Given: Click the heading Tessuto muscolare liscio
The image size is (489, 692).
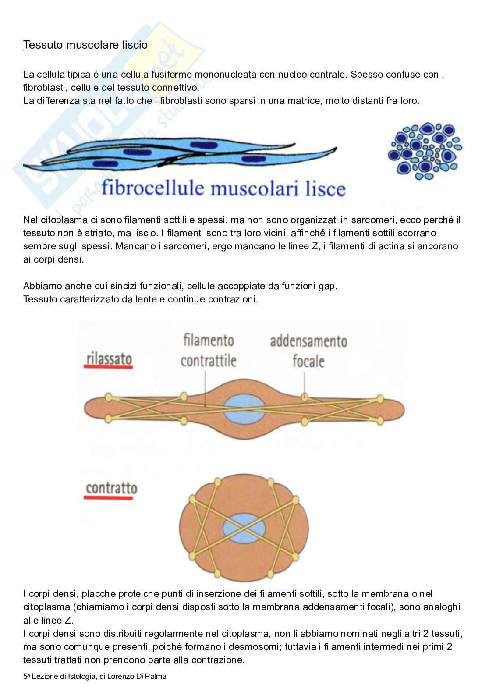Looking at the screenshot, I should [85, 45].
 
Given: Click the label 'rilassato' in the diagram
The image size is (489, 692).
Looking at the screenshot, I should [109, 358].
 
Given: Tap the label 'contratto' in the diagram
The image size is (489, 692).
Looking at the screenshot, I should [111, 488].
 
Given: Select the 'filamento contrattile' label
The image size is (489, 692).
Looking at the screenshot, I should [208, 351].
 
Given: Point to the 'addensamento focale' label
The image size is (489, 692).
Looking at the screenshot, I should [308, 351].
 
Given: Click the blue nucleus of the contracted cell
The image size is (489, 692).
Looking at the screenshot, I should [244, 526].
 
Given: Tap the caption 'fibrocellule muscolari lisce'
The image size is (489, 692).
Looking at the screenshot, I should [223, 189].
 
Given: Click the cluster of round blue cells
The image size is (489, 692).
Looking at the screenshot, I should [425, 151].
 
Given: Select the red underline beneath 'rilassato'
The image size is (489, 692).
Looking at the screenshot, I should [108, 368].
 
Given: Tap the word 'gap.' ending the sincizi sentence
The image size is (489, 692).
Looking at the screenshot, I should [328, 286].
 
